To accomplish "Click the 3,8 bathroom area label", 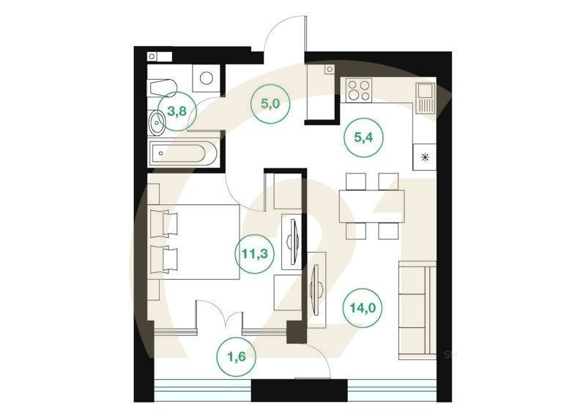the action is pyautogui.click(x=177, y=111).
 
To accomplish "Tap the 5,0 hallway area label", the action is pyautogui.click(x=270, y=103).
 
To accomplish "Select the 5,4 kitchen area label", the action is pyautogui.click(x=363, y=138).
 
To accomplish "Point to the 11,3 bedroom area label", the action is pyautogui.click(x=254, y=254).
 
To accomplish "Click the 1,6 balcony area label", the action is pyautogui.click(x=236, y=357).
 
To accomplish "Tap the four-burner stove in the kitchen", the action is pyautogui.click(x=359, y=89).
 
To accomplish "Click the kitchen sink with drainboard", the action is pyautogui.click(x=426, y=98).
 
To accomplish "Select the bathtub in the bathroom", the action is pyautogui.click(x=184, y=154).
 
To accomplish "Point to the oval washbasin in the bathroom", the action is pyautogui.click(x=157, y=122).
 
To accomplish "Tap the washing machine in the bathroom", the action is pyautogui.click(x=206, y=78).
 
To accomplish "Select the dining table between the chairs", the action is pyautogui.click(x=372, y=206).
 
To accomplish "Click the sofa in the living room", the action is pyautogui.click(x=417, y=310).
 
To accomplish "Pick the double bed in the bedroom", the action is pyautogui.click(x=193, y=242).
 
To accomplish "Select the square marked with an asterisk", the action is pyautogui.click(x=424, y=157).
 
